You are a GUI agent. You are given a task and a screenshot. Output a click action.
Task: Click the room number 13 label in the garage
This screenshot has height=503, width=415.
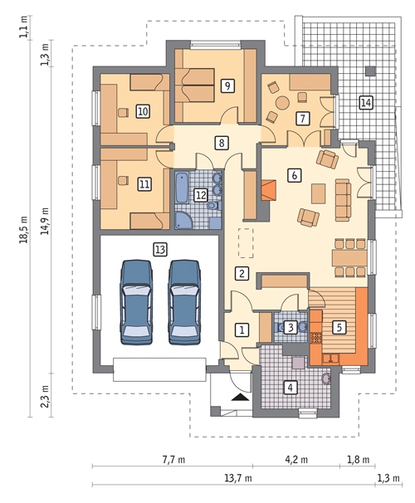click(x=160, y=249)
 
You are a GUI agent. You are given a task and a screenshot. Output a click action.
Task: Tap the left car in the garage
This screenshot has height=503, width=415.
click(x=136, y=302)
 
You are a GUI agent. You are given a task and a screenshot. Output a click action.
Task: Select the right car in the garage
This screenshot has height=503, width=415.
click(x=184, y=302)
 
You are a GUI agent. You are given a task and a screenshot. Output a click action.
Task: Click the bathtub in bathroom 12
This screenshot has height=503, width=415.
click(x=182, y=188)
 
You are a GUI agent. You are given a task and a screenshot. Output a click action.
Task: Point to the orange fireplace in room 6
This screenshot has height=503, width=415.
click(x=269, y=190)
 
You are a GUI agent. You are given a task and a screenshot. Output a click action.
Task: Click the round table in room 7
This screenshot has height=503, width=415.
click(x=283, y=103)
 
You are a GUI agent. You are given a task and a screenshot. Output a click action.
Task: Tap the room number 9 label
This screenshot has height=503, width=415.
click(x=227, y=86)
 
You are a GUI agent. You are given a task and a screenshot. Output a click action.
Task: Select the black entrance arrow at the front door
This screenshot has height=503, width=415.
click(x=240, y=398)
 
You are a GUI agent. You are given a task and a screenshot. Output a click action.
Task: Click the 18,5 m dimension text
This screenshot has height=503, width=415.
click(x=24, y=229)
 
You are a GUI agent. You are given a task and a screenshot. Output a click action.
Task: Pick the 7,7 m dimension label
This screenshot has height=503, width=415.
click(x=173, y=460)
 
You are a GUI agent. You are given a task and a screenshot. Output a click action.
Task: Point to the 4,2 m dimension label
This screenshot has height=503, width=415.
click(x=296, y=460)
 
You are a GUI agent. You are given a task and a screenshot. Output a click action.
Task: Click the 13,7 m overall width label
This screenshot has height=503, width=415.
click(x=238, y=479)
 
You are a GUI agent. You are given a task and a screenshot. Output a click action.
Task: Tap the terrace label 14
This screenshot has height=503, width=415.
click(x=365, y=103)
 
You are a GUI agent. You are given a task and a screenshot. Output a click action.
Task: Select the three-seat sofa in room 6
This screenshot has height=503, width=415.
click(x=343, y=200)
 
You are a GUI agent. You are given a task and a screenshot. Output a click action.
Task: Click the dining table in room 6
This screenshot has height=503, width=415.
click(x=349, y=258)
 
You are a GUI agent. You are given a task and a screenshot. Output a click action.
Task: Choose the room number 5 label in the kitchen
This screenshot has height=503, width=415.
click(x=339, y=328)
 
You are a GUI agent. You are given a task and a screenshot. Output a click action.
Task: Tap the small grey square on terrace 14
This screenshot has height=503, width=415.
click(x=371, y=71)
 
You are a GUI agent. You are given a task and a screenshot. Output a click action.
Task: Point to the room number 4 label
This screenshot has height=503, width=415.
click(x=290, y=387)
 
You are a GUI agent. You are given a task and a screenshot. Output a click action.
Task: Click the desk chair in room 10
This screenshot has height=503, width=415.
click(x=123, y=113)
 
